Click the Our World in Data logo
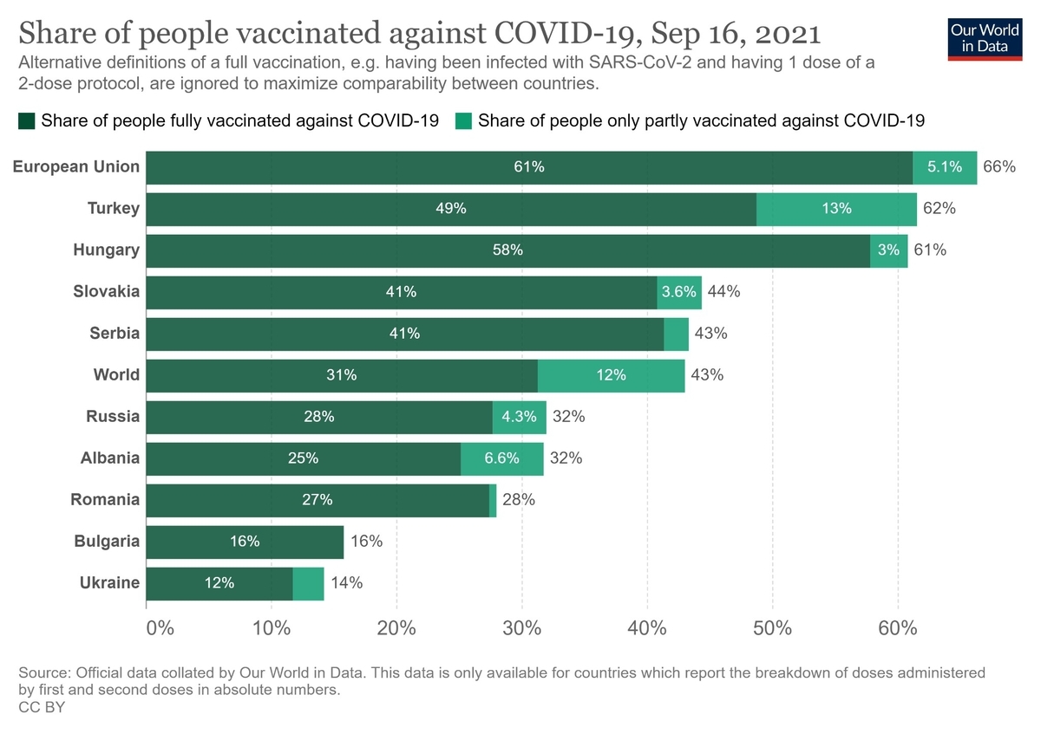point(985,36)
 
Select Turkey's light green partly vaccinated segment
point(836,209)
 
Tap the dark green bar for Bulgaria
point(245,542)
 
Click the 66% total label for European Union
point(998,167)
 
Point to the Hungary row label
point(106,250)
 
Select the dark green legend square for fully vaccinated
point(26,121)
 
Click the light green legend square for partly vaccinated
point(463,121)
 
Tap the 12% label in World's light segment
point(612,375)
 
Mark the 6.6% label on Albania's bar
point(501,458)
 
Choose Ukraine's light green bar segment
point(308,583)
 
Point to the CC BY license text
point(42,707)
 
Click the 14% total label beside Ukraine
point(347,583)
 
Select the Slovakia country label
point(106,292)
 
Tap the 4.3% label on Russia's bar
point(520,417)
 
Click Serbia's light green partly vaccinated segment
point(676,334)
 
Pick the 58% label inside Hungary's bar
point(507,250)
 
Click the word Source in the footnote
point(43,672)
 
